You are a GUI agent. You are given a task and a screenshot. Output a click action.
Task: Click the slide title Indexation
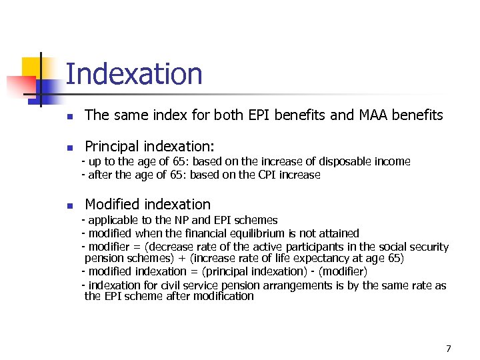[x=134, y=73]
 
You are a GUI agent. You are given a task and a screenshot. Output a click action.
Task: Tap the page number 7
[x=449, y=348]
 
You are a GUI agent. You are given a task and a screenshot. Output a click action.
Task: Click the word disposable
[x=338, y=161]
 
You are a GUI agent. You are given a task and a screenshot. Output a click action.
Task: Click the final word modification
[x=223, y=297]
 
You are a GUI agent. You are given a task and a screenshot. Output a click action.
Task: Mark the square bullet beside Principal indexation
[x=69, y=147]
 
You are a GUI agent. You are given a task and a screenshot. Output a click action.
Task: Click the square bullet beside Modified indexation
[x=69, y=205]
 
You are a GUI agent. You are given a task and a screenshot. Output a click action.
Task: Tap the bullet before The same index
[x=69, y=116]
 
